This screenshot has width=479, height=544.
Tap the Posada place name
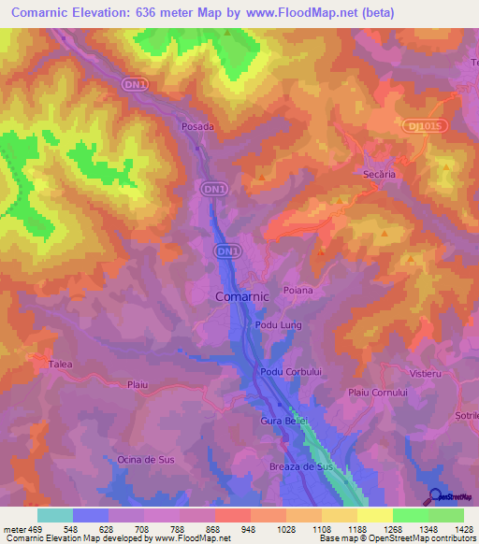pyautogui.click(x=197, y=126)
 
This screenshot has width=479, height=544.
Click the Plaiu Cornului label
pyautogui.click(x=378, y=394)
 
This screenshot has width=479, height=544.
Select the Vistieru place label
pyautogui.click(x=425, y=373)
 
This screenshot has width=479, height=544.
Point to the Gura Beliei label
pyautogui.click(x=284, y=422)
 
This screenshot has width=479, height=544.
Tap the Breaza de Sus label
pyautogui.click(x=300, y=465)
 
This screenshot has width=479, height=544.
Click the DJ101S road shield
pyautogui.click(x=429, y=123)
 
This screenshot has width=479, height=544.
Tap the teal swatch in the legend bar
pyautogui.click(x=55, y=515)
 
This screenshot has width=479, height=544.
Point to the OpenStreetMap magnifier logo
pyautogui.click(x=436, y=496)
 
